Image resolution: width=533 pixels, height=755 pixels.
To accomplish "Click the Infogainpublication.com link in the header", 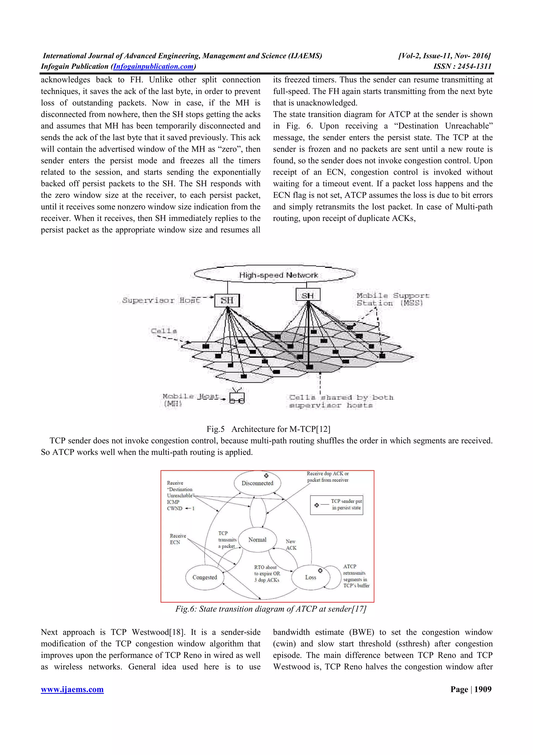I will [153, 66].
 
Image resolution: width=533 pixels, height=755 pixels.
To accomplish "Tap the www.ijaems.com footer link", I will [72, 690].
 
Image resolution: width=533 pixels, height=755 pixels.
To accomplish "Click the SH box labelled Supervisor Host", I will [227, 300].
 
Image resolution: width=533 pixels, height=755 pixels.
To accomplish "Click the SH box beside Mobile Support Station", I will [308, 295].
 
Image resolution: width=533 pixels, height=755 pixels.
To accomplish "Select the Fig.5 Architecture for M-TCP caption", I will [268, 429].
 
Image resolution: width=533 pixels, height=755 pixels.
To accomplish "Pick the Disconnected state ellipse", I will [257, 483].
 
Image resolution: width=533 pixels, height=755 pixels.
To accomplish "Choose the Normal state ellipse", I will [257, 540].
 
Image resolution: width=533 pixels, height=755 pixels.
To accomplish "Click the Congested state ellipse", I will [205, 577].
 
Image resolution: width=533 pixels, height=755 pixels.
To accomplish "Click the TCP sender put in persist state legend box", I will [337, 505].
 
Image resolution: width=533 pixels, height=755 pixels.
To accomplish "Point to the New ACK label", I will [291, 544].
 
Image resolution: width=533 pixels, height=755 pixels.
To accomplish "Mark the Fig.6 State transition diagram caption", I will [271, 609].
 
